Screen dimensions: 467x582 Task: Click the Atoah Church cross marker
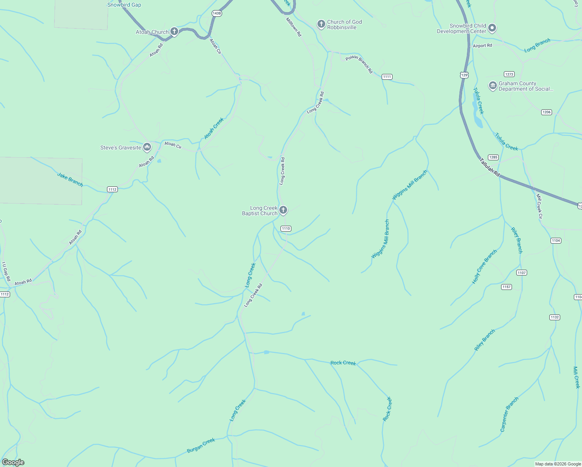(174, 32)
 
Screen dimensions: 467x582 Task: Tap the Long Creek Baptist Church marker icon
(283, 210)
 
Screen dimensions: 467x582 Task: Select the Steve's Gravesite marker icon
(147, 147)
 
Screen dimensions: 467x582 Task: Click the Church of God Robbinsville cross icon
(321, 24)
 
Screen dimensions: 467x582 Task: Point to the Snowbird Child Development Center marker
(492, 28)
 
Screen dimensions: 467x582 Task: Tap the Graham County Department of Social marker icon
(493, 86)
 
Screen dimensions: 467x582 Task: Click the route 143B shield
(217, 13)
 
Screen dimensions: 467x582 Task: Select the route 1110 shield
(286, 228)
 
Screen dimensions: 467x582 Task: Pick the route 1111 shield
(387, 77)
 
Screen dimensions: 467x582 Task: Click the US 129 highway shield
(464, 75)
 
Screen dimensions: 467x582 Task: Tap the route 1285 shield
(493, 157)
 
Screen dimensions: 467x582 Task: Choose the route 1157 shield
(506, 287)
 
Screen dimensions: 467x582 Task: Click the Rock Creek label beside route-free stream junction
(343, 363)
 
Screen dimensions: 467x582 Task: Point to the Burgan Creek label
(201, 446)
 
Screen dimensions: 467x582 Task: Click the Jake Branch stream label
(70, 179)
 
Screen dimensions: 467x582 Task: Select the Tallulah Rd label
(489, 167)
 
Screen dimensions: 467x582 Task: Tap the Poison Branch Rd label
(359, 64)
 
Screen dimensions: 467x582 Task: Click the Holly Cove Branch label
(484, 267)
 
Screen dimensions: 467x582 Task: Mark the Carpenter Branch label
(509, 414)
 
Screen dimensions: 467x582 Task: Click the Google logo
(13, 462)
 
